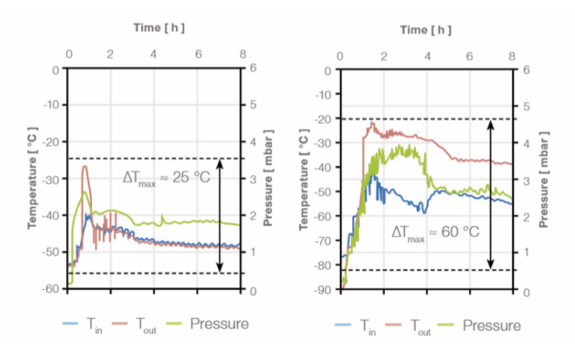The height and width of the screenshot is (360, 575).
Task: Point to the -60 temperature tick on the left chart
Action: [x=50, y=288]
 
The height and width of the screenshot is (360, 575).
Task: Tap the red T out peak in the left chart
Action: [x=85, y=167]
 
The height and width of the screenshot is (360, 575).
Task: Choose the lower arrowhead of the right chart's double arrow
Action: [x=490, y=266]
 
